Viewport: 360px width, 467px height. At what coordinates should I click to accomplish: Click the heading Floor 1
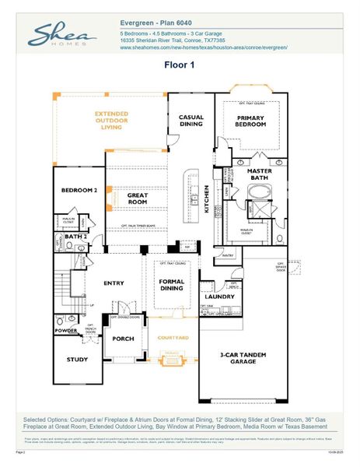180,65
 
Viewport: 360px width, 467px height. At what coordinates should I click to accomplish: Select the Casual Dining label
191,121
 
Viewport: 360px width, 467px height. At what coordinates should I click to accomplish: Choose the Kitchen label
206,199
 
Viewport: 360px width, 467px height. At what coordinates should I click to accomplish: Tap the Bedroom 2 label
79,190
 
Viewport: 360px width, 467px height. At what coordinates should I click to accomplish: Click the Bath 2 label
75,236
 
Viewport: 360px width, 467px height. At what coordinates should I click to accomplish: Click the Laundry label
220,297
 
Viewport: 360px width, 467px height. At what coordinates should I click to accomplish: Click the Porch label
124,339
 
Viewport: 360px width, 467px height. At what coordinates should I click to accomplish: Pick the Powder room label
66,330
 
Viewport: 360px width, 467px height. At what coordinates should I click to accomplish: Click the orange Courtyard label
173,338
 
